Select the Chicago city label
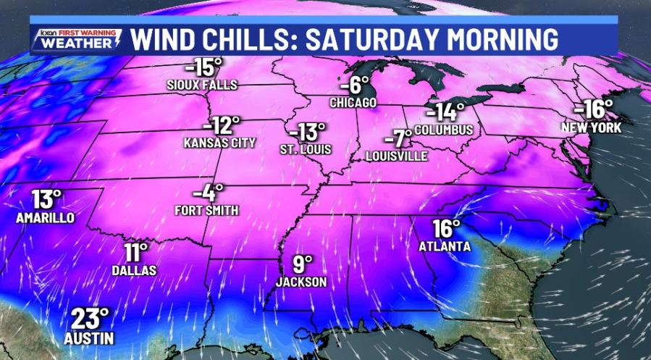[353, 103]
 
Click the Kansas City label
[219, 143]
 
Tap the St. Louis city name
[306, 150]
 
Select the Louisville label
[397, 156]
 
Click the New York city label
[592, 127]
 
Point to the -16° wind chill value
[593, 110]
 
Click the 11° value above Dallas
[135, 253]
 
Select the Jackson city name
[301, 282]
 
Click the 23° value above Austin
[90, 318]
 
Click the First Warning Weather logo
[76, 39]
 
